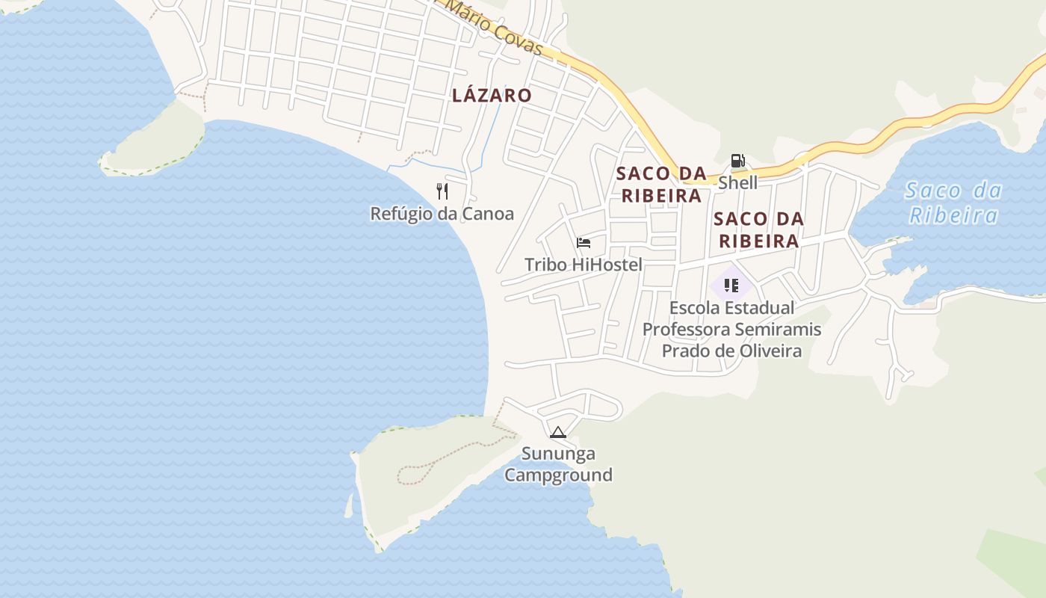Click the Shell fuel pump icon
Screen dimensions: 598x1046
pos(737,161)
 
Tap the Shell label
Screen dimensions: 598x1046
pos(737,183)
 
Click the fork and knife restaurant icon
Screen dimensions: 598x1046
pos(442,191)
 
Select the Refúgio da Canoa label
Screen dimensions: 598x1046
pos(442,214)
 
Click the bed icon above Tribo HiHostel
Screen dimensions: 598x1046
pos(584,243)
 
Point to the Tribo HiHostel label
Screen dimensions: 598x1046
pos(584,265)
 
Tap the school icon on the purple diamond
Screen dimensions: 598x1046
pos(731,285)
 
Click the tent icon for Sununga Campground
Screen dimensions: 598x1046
pos(557,432)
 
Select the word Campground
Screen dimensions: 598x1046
pos(558,475)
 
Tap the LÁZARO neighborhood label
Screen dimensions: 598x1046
pos(492,96)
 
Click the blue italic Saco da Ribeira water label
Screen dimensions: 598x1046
pos(953,203)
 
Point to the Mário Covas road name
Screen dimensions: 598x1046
pos(495,28)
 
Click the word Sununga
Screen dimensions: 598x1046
pos(558,454)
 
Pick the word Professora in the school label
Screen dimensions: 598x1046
pos(685,330)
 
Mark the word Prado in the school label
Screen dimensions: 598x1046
pos(685,351)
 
